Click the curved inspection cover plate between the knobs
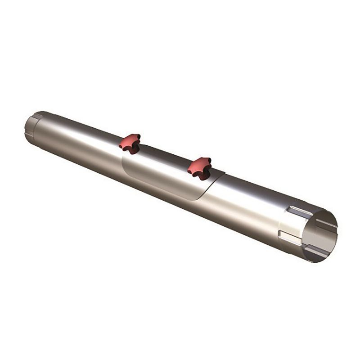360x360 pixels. coord(166,175)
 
